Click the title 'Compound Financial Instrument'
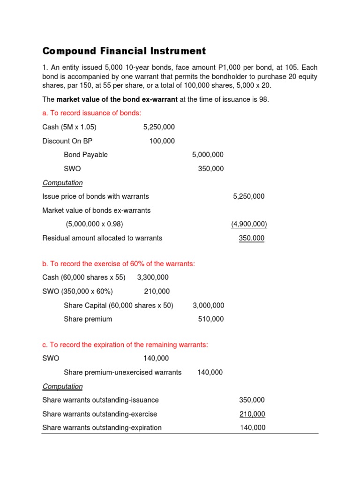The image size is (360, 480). [x=124, y=51]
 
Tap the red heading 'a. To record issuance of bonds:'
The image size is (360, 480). [x=91, y=113]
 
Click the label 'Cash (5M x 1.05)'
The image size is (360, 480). [x=69, y=127]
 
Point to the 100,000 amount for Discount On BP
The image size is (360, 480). [x=162, y=141]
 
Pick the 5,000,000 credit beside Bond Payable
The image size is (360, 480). [x=208, y=155]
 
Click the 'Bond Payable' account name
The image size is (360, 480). [x=86, y=155]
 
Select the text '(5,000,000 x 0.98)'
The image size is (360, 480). [x=95, y=224]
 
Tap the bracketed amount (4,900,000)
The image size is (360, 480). [x=248, y=224]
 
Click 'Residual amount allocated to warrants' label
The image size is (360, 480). [x=102, y=238]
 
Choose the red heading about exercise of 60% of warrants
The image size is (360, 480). [x=119, y=264]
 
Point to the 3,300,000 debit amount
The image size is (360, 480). [x=153, y=277]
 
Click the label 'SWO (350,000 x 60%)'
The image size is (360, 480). [x=77, y=292]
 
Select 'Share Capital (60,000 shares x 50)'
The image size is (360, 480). [x=119, y=306]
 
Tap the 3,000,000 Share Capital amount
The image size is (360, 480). [x=208, y=306]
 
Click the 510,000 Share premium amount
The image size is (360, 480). [x=211, y=319]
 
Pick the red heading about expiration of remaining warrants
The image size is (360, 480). [x=125, y=345]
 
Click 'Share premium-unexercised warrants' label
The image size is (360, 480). [x=123, y=373]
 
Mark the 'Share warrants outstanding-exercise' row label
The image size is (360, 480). [x=100, y=414]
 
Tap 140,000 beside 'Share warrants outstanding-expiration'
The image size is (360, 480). [x=252, y=427]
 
